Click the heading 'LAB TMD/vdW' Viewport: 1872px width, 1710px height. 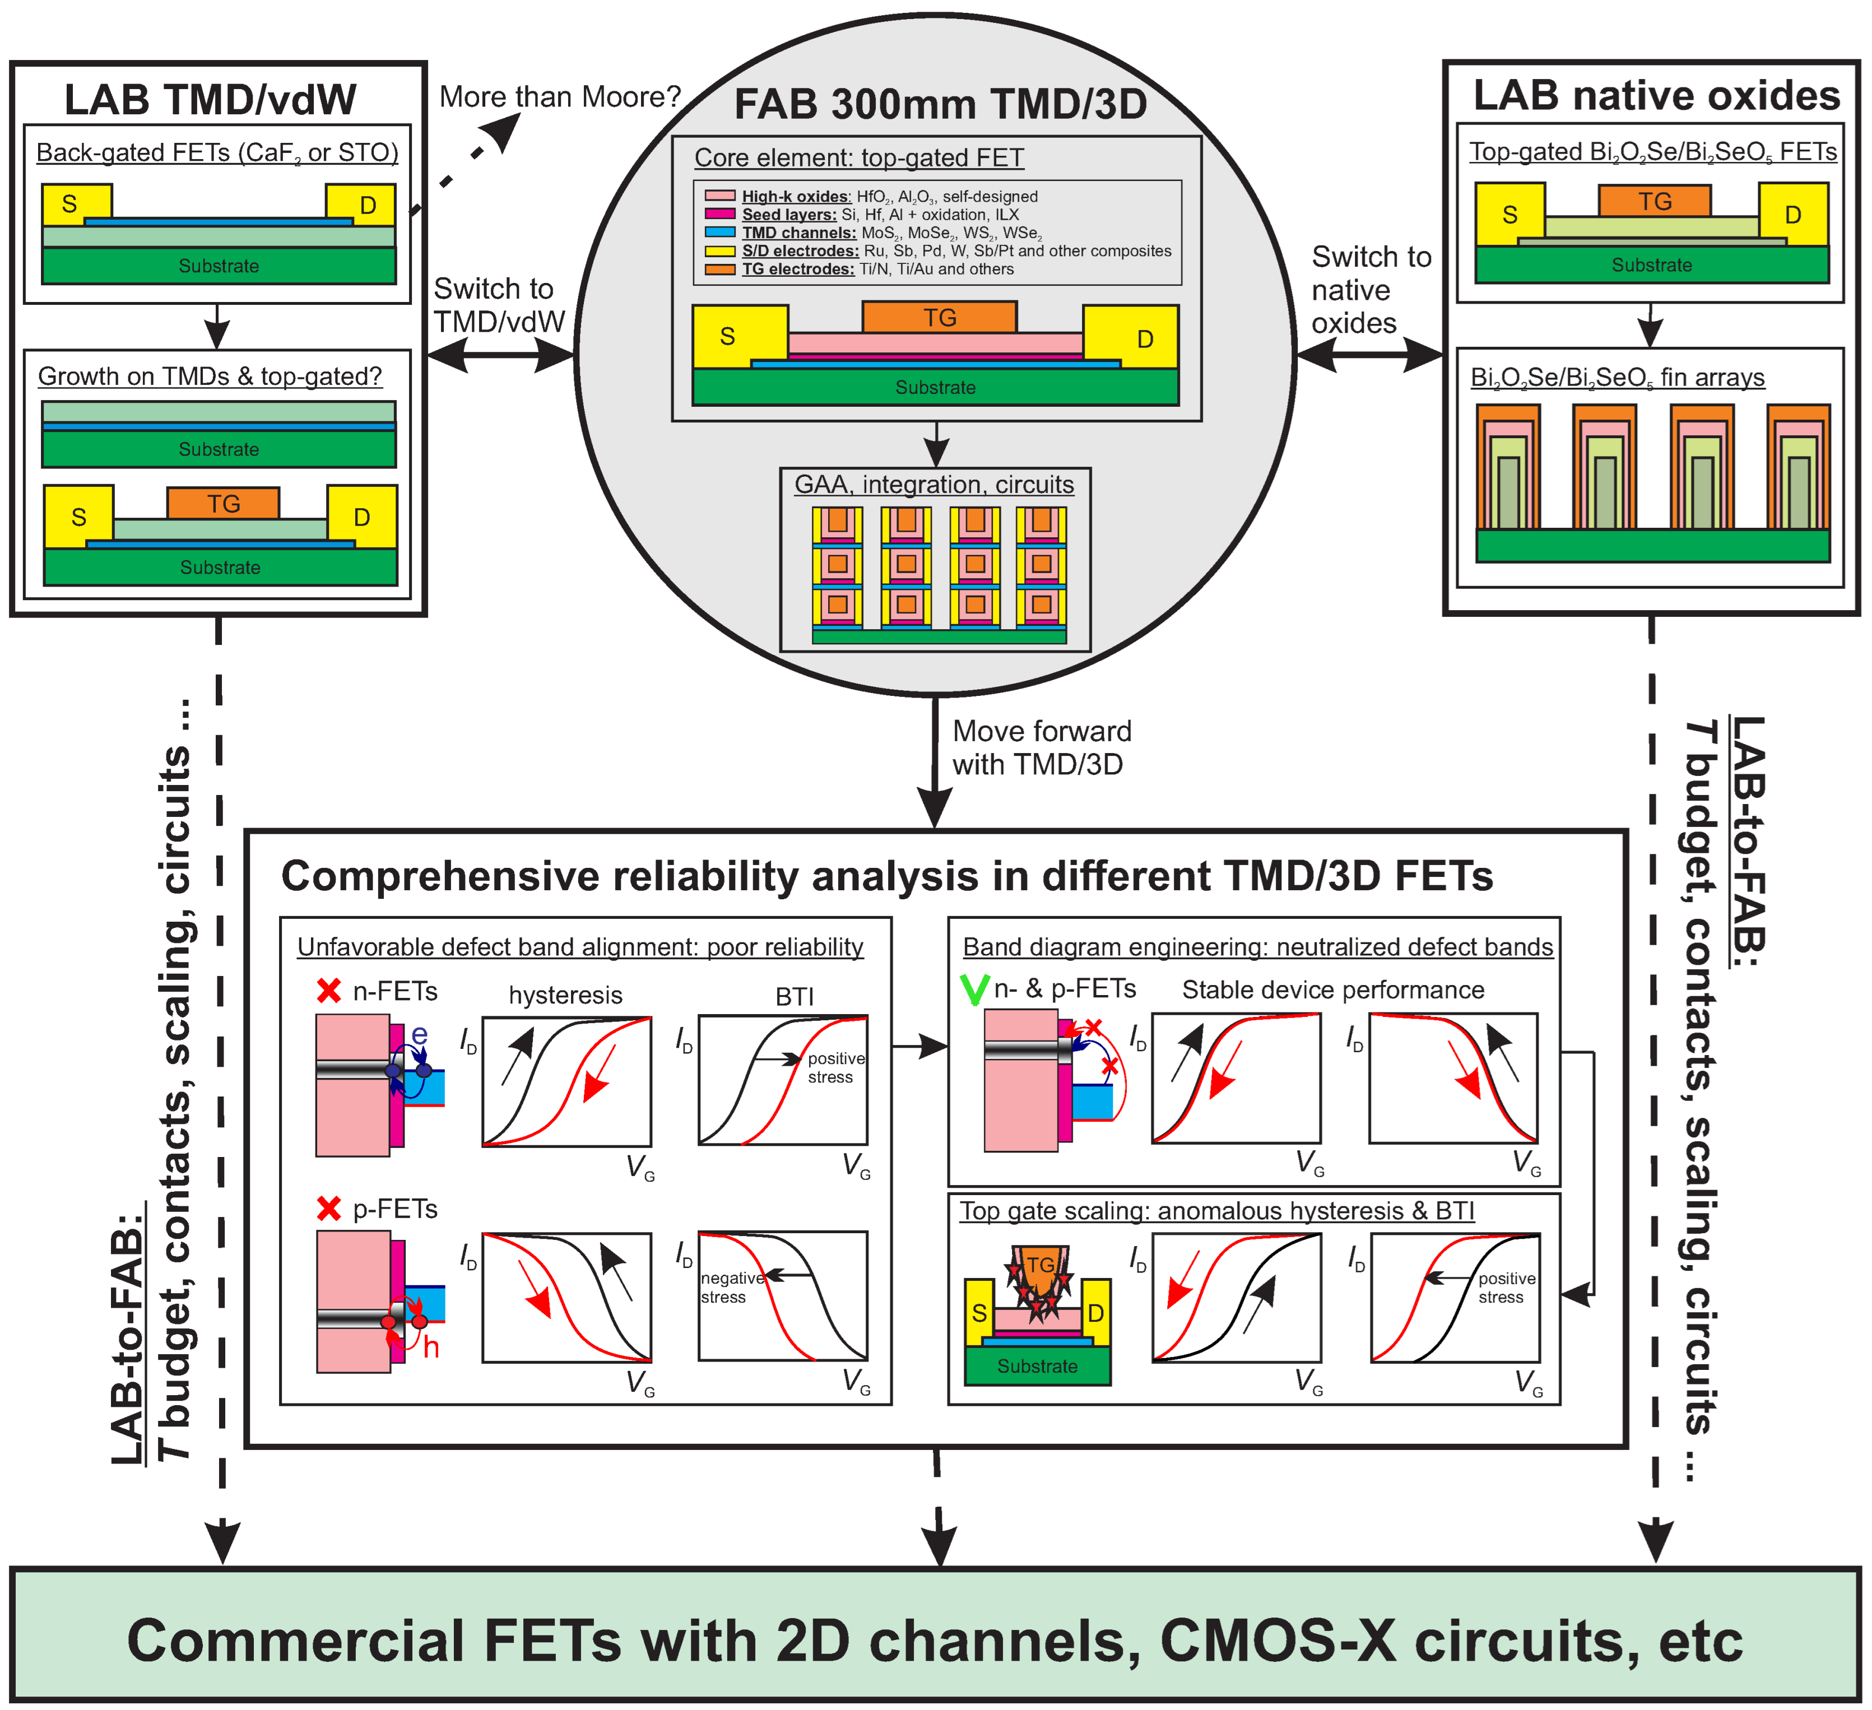click(210, 99)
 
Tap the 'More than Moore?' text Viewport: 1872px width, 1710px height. click(559, 96)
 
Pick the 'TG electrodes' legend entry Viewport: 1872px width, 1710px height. click(797, 269)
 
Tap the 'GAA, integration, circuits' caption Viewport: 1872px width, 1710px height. click(933, 485)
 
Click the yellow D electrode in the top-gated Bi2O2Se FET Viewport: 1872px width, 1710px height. click(1792, 215)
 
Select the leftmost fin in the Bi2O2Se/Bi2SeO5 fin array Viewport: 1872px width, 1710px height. click(1507, 469)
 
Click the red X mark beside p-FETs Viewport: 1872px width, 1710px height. click(329, 1209)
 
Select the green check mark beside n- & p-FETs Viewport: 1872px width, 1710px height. click(974, 989)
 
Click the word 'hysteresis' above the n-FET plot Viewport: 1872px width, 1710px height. click(565, 995)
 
